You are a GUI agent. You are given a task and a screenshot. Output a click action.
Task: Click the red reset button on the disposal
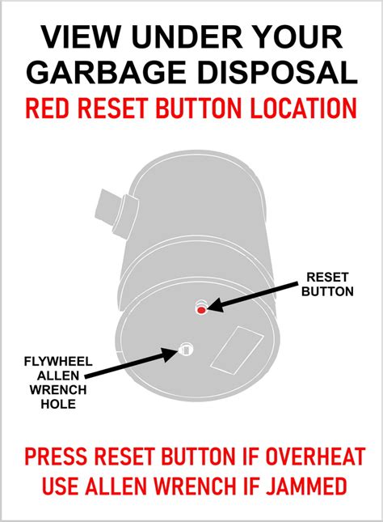point(201,310)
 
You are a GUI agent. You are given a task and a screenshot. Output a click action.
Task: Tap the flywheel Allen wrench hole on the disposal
point(186,350)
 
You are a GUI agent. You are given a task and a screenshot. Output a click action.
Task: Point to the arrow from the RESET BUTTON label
point(254,297)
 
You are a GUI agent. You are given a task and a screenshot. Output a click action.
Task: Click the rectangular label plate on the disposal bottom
point(238,350)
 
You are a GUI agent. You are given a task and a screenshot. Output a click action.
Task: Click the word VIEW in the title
point(80,36)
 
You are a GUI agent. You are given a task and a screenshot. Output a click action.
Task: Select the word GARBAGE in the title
point(106,72)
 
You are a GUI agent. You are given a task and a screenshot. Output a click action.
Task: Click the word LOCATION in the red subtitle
point(303,108)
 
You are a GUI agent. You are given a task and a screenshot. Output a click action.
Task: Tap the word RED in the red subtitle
point(47,108)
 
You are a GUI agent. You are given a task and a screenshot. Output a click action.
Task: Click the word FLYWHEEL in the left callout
point(58,362)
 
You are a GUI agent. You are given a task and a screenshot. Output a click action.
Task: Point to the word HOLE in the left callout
point(58,404)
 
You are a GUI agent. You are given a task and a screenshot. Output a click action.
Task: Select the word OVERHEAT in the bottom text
point(314,456)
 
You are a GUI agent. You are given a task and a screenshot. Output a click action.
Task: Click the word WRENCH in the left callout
point(58,390)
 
